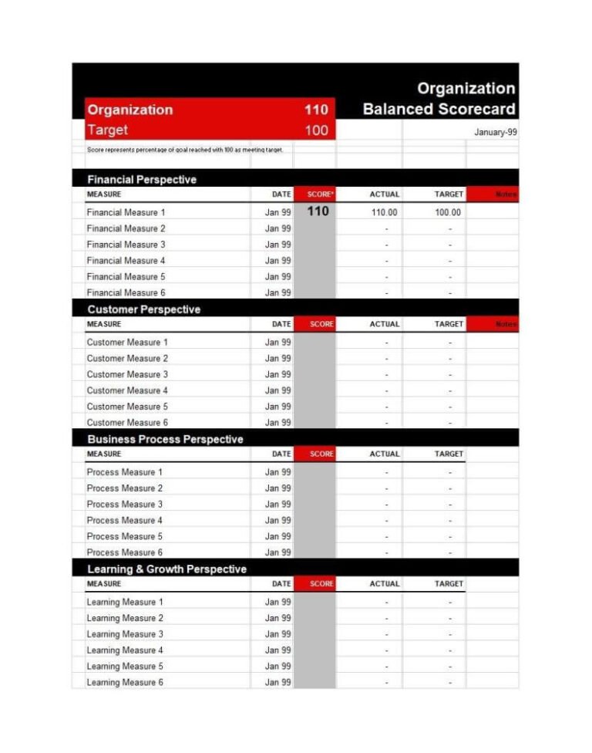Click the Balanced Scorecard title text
439,109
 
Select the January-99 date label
496,132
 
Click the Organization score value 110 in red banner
316,110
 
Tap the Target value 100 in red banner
316,130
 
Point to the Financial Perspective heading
142,180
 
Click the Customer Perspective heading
143,309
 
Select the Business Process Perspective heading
165,439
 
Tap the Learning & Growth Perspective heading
166,569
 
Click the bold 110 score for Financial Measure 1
318,211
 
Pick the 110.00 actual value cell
384,212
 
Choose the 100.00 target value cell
448,212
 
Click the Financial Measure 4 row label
126,261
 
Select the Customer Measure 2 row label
127,358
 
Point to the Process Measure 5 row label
124,536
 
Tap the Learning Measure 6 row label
125,682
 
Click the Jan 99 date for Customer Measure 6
277,423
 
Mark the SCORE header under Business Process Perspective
321,454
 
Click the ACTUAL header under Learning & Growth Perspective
384,583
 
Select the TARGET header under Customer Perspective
449,324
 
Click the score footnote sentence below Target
185,150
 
